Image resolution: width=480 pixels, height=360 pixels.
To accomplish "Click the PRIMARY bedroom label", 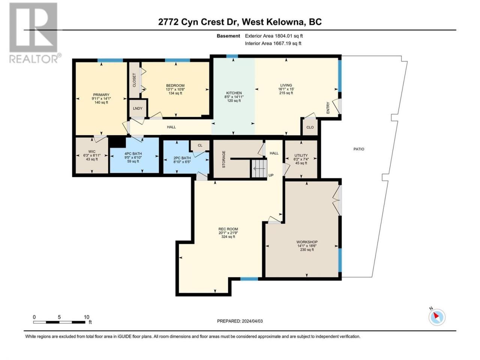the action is [x=101, y=94].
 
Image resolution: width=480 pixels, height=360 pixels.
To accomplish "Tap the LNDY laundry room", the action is [x=138, y=108].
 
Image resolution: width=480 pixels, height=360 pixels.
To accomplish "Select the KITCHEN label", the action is [x=234, y=93].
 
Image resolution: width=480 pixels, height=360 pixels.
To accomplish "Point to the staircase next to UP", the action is [x=259, y=168].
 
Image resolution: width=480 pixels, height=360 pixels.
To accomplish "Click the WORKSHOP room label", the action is [x=307, y=242].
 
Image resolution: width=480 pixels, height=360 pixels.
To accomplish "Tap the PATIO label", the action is [x=359, y=149].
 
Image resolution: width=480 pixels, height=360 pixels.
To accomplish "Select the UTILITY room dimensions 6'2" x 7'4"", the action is [x=301, y=159].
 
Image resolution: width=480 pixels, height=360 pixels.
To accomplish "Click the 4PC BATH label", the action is [x=133, y=154].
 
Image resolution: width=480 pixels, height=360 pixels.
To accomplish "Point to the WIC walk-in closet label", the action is [x=92, y=151].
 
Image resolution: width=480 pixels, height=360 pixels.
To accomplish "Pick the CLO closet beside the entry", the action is [x=310, y=127].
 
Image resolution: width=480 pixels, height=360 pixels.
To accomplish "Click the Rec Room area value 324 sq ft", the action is [x=228, y=237].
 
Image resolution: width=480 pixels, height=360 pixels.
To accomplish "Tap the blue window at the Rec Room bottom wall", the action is [x=249, y=279].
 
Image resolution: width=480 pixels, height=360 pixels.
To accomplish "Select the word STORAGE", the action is [x=223, y=159].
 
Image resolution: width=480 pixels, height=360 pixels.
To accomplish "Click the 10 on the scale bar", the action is [x=87, y=317].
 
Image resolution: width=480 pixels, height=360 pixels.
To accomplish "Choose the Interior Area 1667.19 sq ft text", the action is [x=273, y=43].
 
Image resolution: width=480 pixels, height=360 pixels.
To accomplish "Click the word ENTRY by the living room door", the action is [x=328, y=108].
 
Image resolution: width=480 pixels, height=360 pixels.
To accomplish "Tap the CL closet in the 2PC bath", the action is [x=200, y=145].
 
